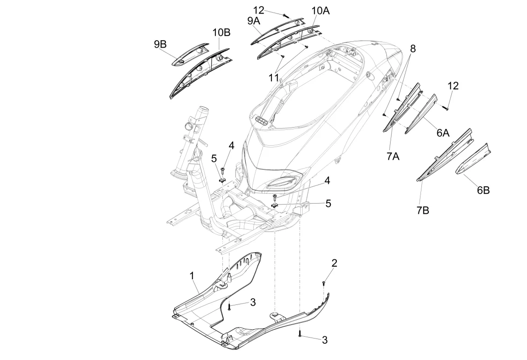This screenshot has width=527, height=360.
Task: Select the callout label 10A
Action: pyautogui.click(x=320, y=11)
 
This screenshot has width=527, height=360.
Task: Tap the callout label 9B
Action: pyautogui.click(x=160, y=44)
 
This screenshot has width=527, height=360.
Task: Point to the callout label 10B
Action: pyautogui.click(x=221, y=32)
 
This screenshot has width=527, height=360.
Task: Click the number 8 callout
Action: pyautogui.click(x=413, y=49)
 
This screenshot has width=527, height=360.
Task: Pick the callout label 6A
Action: pyautogui.click(x=443, y=133)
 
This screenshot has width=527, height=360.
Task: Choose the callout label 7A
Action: pyautogui.click(x=393, y=156)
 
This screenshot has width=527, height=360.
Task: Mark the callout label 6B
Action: pyautogui.click(x=483, y=190)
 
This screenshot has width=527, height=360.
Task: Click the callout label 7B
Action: pyautogui.click(x=422, y=211)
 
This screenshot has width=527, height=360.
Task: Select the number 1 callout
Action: pyautogui.click(x=192, y=275)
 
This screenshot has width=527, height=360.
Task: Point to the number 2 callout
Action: pyautogui.click(x=334, y=263)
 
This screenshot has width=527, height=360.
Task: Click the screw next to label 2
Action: pyautogui.click(x=323, y=282)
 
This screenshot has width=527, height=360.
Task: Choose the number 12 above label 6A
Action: pyautogui.click(x=453, y=85)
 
